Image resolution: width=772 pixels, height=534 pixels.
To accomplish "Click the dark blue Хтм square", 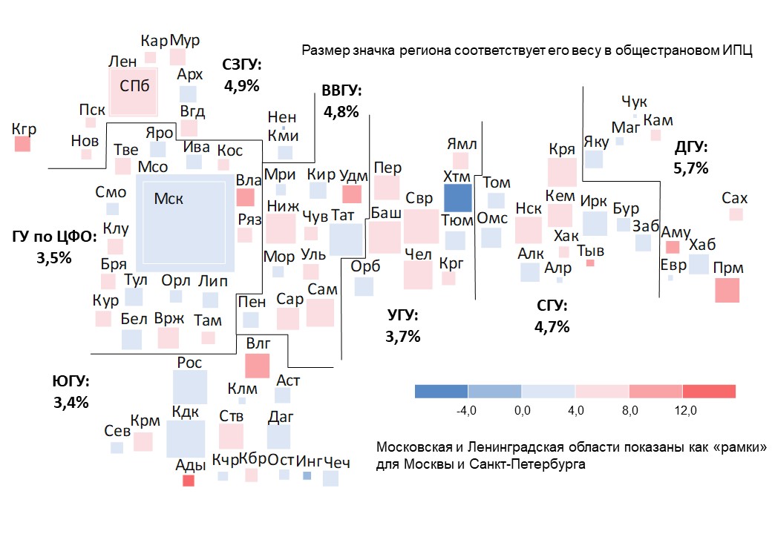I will point(458,199).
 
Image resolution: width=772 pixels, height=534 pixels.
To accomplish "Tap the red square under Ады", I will point(189,481).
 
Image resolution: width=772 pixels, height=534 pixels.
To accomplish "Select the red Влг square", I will point(257,366).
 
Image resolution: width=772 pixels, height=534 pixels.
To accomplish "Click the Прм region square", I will point(727,289).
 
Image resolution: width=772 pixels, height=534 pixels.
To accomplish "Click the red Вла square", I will point(245,197).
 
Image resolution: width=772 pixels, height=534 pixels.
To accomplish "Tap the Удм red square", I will point(352,194).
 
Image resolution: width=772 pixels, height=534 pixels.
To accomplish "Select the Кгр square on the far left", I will point(23,145).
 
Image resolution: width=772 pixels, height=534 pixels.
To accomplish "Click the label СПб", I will point(135,86).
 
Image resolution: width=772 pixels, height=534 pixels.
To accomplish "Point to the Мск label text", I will point(169,198).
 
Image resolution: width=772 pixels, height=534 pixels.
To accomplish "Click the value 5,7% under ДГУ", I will point(691,168).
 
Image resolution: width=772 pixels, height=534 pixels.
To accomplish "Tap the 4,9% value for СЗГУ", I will point(241,85).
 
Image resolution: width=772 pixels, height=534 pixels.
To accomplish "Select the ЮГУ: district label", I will point(71,382).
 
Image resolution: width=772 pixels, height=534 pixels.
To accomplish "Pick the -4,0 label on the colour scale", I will point(465,411).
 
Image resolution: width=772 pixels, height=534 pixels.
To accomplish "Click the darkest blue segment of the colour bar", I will point(441,391).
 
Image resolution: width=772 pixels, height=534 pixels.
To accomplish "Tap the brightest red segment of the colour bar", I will point(709,391).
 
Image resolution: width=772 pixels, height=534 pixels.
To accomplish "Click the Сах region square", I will point(736,214).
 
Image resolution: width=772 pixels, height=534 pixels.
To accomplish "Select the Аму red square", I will point(673,248).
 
